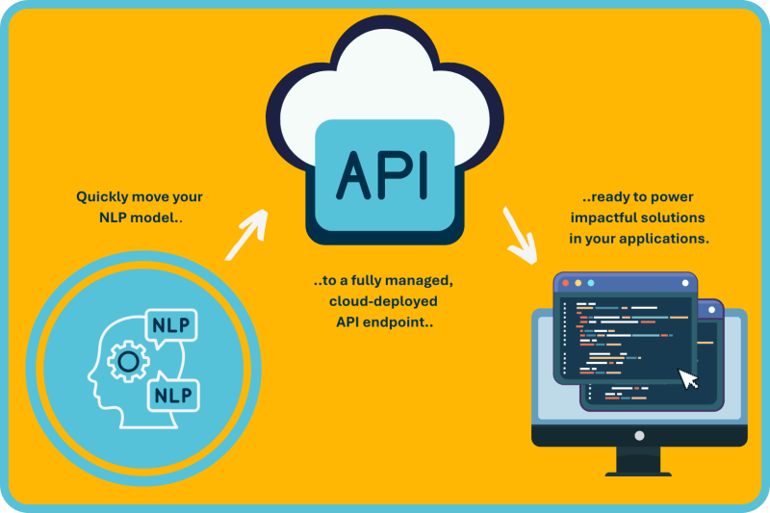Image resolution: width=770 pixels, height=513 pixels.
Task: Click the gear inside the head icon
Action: pos(127,362)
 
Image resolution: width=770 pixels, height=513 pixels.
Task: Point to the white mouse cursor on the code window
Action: pos(689,378)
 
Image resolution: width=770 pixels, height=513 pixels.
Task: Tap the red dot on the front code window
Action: pos(565,283)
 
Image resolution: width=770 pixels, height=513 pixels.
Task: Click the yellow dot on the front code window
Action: pos(577,283)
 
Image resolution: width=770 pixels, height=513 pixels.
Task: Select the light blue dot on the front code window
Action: pos(590,283)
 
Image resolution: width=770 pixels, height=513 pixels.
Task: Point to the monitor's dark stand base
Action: pos(638,469)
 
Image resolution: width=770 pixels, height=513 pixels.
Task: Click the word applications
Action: pos(666,238)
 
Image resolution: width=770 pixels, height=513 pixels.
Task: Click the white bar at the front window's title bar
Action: pos(685,283)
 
